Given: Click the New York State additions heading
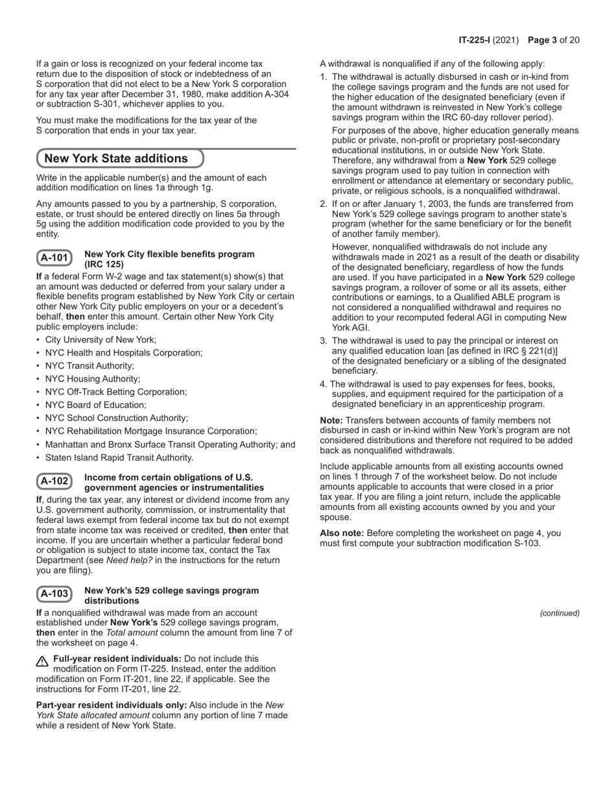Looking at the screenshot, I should [116, 158].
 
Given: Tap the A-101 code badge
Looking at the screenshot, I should [54, 258].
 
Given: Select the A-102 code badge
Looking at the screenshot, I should [54, 481].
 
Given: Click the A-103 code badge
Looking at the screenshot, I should [54, 594].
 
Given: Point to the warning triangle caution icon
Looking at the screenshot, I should [42, 661].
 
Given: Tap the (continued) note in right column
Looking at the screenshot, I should [560, 613].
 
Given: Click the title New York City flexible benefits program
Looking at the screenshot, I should [169, 254].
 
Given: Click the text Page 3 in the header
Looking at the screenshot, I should [543, 40].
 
